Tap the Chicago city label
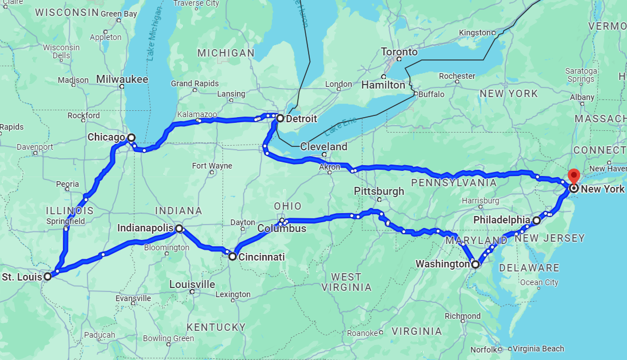coord(106,137)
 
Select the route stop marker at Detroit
coord(280,118)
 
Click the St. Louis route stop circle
coord(47,276)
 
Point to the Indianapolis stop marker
coord(179,229)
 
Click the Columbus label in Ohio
coord(282,229)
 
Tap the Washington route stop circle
coord(476,264)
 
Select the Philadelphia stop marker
coord(536,220)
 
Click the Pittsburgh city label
coord(378,191)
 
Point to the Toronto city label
coord(399,52)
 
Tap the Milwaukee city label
coord(122,79)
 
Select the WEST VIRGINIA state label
coord(346,282)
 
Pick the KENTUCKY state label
coord(215,327)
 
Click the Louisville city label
coord(192,284)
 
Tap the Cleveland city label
coord(324,147)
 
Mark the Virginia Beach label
coord(538,349)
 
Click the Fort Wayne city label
coord(212,166)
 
